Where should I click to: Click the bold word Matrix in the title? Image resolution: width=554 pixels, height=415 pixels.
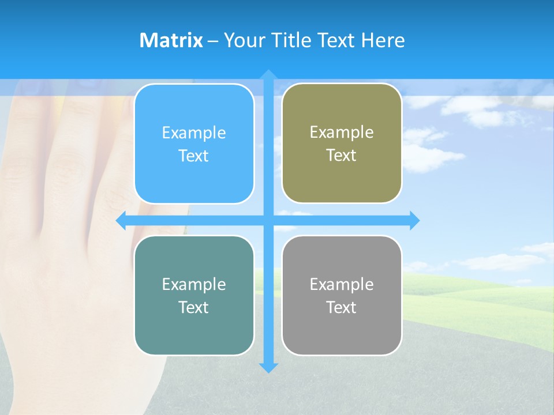point(171,40)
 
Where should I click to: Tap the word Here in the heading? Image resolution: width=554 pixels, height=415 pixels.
point(383,40)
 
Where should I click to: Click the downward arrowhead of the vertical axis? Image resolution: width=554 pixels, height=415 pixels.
point(268,367)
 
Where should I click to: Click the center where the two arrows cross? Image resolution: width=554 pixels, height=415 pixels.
point(268,221)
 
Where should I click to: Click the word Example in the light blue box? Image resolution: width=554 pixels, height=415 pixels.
point(194,133)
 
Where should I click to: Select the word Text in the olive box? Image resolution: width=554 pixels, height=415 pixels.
point(342,156)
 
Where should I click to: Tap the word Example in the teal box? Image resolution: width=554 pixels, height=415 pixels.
point(194,285)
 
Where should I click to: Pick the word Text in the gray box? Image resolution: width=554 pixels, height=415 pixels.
point(342,308)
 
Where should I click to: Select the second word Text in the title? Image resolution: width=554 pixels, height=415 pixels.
point(338,40)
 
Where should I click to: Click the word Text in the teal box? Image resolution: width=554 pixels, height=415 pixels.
point(194,308)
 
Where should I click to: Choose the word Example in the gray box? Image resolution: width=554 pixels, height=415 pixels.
point(342,285)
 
